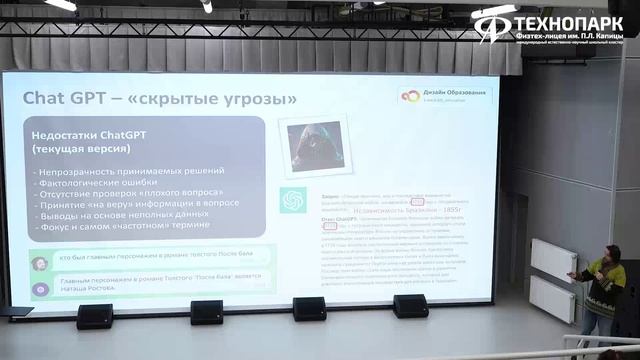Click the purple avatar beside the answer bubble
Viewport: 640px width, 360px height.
point(41,290)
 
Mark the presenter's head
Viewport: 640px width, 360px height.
point(610,257)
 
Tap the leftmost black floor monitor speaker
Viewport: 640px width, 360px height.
point(95,316)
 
